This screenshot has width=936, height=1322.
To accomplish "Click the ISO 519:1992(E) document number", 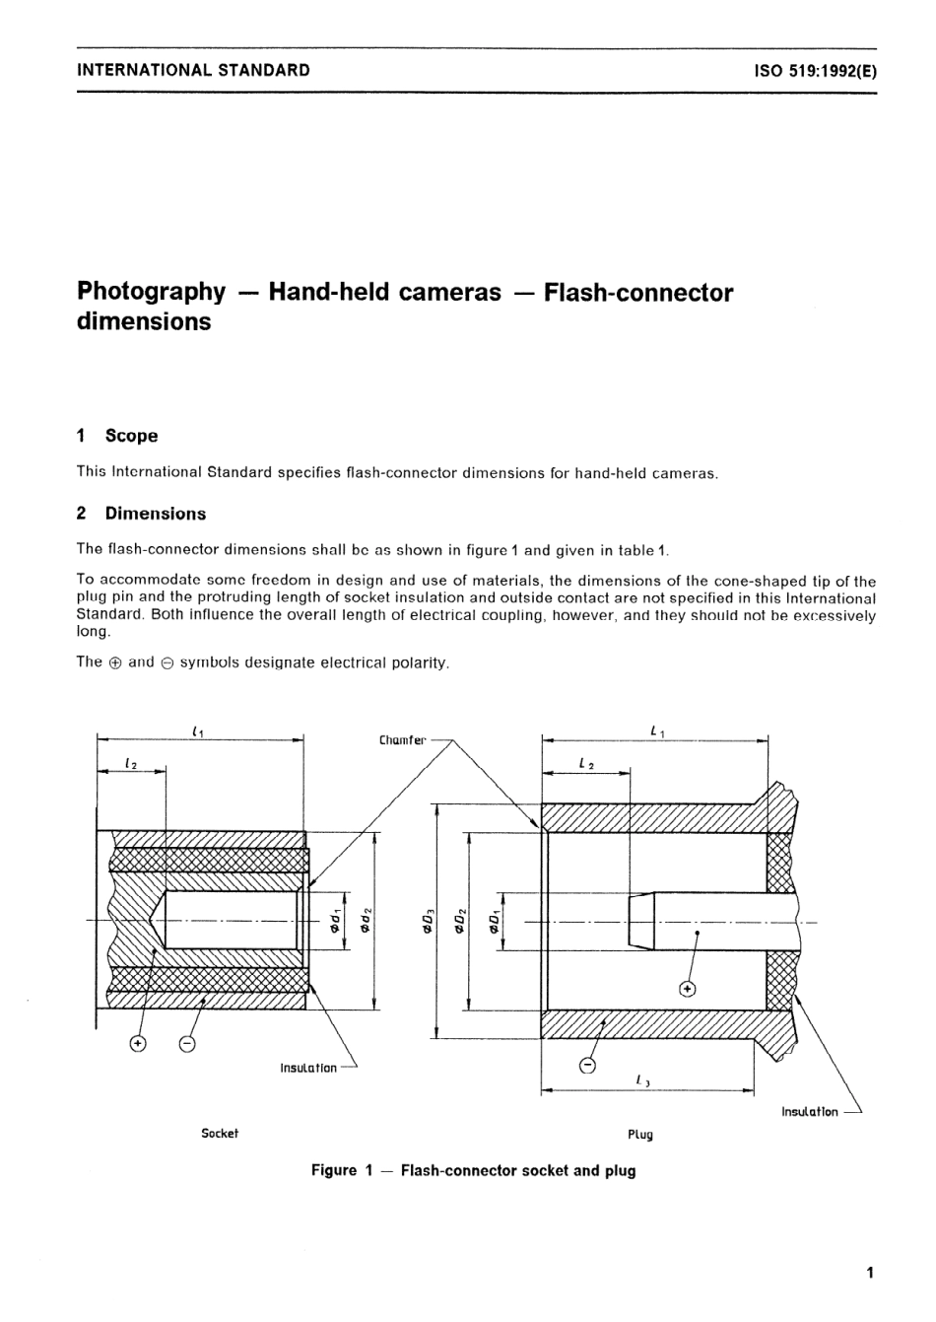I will point(814,71).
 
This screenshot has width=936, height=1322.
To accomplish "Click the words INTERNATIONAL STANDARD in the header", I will point(193,70).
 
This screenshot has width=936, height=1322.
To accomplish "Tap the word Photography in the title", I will point(151,292).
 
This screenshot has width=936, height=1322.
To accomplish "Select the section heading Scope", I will point(131,436).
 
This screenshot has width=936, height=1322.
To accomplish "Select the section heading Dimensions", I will point(155,514).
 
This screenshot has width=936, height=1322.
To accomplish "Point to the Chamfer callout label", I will point(402,739).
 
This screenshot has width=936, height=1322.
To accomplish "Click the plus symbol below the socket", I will point(138,1043).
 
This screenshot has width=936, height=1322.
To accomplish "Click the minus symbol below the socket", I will point(187,1043).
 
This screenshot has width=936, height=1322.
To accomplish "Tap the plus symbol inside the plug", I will point(687,989).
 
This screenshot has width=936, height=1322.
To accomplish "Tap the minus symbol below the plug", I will point(587,1065).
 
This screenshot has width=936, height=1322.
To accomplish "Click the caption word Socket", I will point(220,1134).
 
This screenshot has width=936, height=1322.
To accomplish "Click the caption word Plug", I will point(640,1135).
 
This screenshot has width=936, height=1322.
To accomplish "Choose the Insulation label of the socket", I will point(308,1068).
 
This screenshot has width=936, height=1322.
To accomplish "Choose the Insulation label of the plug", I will point(809,1111).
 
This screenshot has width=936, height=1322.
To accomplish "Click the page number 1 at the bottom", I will point(869,1273).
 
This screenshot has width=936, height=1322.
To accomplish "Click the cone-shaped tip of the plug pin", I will point(640,922).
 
